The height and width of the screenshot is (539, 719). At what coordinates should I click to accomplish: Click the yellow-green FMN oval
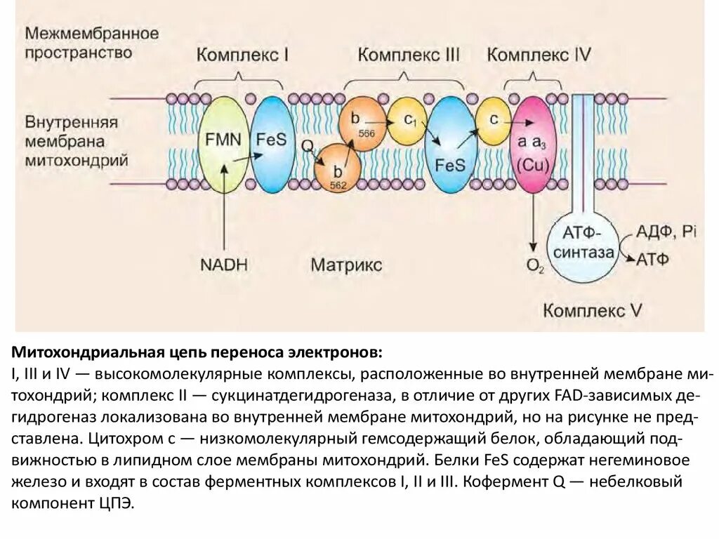[223, 144]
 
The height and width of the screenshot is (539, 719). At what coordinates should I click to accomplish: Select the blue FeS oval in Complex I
[272, 144]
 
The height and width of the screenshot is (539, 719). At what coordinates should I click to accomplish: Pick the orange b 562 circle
[338, 169]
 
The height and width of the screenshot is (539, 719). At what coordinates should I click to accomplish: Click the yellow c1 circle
[408, 121]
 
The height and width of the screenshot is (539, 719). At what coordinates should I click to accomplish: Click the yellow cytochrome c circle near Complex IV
[495, 121]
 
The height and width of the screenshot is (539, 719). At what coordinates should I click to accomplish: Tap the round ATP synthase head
[583, 244]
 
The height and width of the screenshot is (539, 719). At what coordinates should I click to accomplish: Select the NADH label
[224, 265]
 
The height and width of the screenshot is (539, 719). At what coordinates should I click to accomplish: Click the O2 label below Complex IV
[535, 265]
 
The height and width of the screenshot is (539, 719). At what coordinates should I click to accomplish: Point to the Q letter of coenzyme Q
[307, 147]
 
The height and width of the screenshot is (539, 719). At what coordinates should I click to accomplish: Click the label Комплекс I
[242, 55]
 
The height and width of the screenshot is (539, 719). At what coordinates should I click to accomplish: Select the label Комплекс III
[409, 55]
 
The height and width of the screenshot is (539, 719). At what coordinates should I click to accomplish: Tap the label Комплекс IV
[539, 55]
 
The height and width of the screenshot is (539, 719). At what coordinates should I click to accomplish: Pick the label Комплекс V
[593, 310]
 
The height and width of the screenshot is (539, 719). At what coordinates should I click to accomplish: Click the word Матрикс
[347, 265]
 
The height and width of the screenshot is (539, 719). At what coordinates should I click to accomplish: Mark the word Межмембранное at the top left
[92, 33]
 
